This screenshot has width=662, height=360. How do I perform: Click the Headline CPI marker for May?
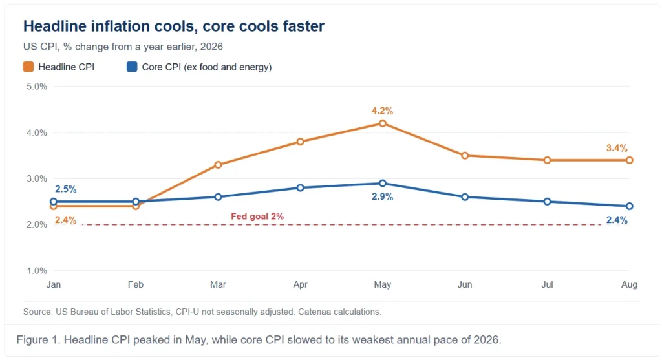[x=383, y=123]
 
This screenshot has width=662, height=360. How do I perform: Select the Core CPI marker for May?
[x=383, y=183]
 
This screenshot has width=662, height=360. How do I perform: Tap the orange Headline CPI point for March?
[x=218, y=165]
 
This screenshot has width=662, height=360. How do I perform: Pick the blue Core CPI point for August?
[x=630, y=206]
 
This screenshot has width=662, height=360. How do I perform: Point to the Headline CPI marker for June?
[x=465, y=155]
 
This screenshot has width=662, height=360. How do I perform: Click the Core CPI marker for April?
[x=300, y=187]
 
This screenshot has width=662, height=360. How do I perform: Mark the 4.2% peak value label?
[x=382, y=111]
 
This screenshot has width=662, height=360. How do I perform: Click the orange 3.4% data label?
[x=617, y=148]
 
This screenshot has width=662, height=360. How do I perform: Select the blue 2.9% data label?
[x=382, y=196]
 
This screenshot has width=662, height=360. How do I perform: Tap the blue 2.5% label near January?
[x=65, y=189]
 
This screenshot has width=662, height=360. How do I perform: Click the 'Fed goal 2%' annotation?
[x=257, y=217]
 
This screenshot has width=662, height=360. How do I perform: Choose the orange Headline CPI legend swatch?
[x=28, y=67]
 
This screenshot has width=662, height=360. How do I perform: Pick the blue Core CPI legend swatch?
[x=132, y=67]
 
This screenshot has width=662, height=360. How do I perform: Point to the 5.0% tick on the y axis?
[x=37, y=87]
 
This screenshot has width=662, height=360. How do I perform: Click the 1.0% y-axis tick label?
[x=37, y=271]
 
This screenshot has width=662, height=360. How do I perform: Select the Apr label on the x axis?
[x=300, y=284]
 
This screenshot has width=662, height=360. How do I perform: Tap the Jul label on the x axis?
[x=547, y=284]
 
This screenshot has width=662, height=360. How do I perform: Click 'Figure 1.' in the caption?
[x=38, y=340]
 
